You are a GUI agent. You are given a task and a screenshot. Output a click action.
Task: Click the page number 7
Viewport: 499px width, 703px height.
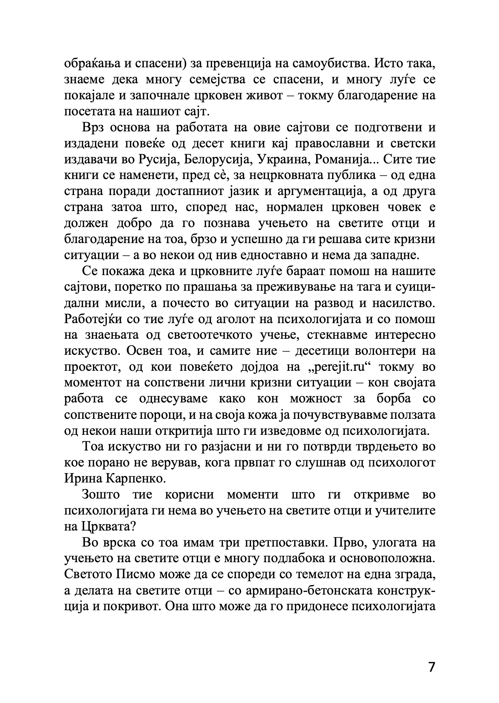[x=431, y=667]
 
